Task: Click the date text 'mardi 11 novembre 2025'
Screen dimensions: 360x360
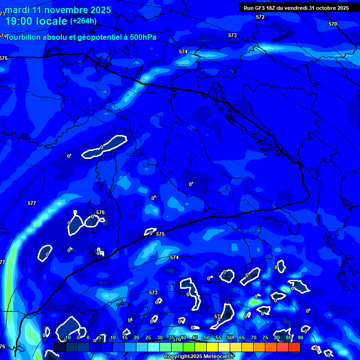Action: (58, 10)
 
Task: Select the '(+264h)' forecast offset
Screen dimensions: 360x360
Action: (84, 21)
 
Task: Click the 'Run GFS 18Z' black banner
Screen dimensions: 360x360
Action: (296, 7)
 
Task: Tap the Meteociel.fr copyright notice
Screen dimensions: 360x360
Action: (199, 357)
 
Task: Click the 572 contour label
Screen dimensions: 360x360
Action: (260, 17)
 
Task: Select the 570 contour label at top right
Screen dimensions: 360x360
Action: (333, 24)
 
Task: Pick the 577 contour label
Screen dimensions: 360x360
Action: (32, 203)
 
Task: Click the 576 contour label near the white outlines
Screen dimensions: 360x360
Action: (100, 212)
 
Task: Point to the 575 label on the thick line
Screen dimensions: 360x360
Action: (160, 234)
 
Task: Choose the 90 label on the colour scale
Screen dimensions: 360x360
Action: (300, 337)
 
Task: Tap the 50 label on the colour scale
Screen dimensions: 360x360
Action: (206, 337)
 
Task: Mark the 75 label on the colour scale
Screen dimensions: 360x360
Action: (265, 337)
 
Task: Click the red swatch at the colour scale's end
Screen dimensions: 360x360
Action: (294, 347)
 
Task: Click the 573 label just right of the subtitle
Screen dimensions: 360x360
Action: (232, 35)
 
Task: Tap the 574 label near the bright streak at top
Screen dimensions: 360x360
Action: (183, 52)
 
